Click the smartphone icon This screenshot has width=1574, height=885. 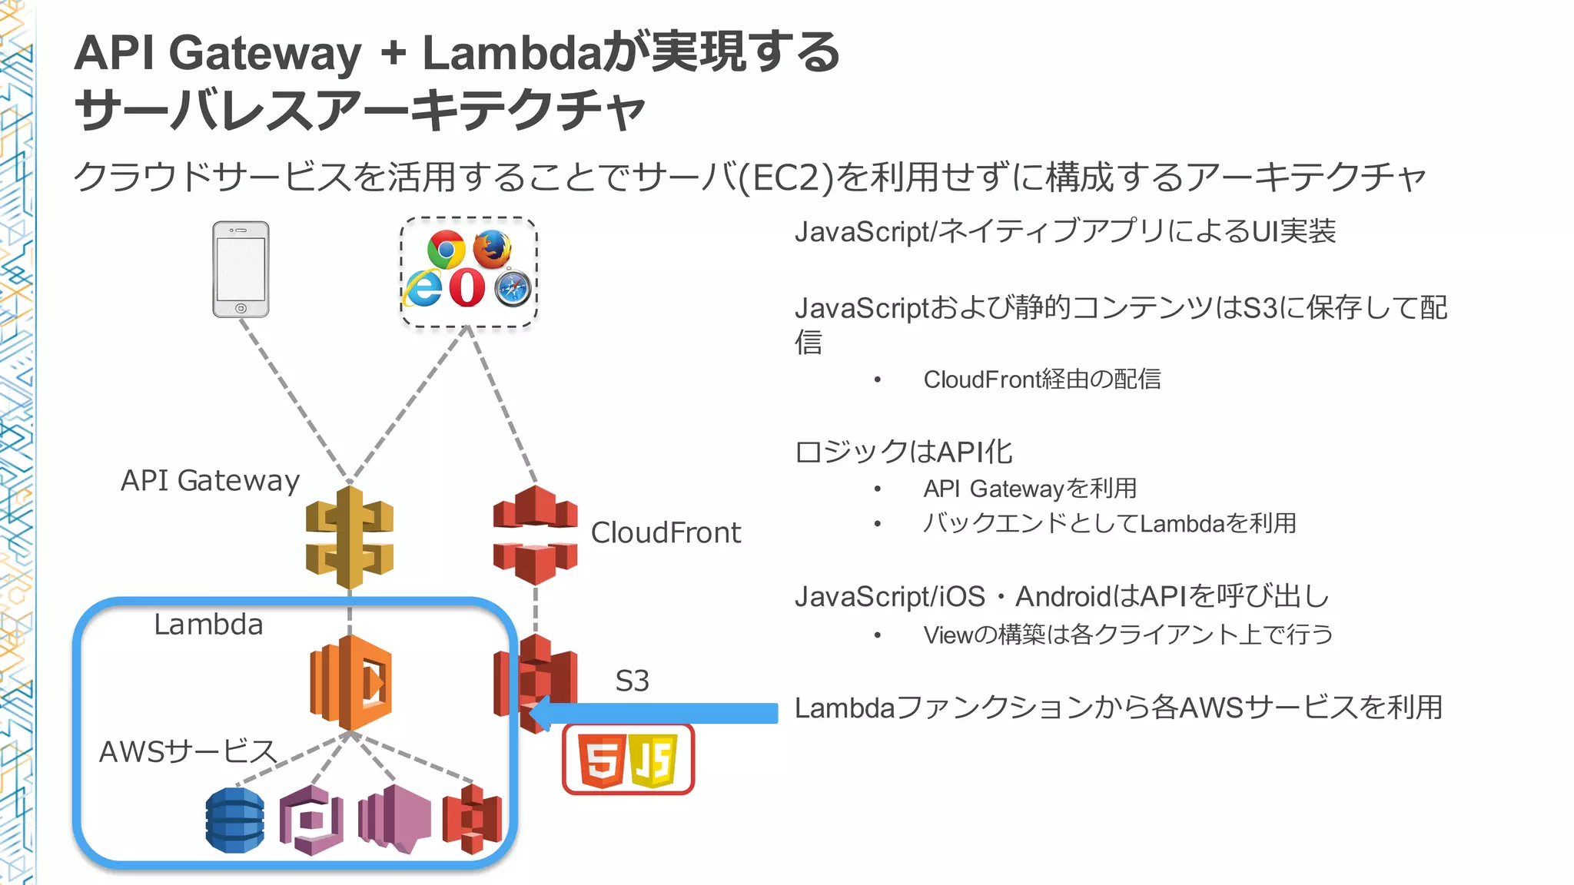[241, 269]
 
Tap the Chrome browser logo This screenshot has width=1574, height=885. [447, 249]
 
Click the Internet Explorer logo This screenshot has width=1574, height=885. [423, 288]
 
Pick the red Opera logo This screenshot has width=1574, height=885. [467, 288]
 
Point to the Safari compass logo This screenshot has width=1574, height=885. [513, 289]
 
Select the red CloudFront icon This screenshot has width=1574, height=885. [535, 535]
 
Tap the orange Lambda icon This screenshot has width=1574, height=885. [350, 682]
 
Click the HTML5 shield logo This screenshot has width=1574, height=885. [601, 760]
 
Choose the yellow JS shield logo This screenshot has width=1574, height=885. [653, 760]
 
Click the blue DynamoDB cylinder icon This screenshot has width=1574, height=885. [235, 820]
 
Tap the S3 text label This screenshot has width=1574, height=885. [632, 681]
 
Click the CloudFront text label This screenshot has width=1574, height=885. [666, 532]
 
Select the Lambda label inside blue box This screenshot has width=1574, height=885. [208, 625]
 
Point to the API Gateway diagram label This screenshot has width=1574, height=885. [210, 480]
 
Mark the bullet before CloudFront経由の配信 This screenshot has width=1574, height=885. [877, 380]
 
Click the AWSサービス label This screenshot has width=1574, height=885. [188, 751]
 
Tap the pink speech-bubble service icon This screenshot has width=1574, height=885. [394, 819]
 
